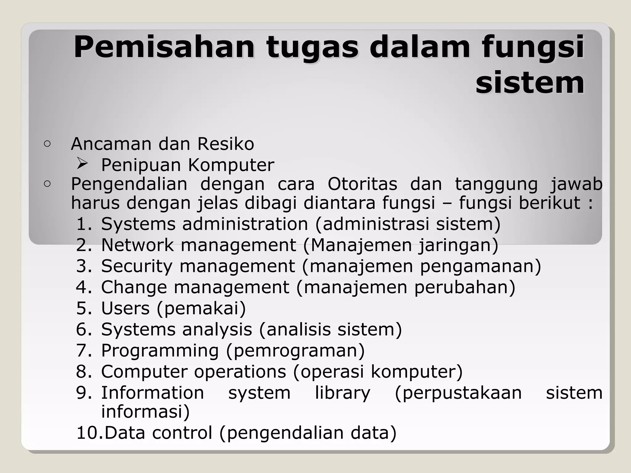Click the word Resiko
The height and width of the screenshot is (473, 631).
coord(226,144)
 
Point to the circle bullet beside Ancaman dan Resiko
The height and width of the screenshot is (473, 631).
coord(47,144)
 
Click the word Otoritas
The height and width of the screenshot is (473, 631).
coord(362,184)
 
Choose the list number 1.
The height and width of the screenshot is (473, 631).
coord(83,224)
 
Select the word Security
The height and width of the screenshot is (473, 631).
coord(136,266)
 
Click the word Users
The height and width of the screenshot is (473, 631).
coord(125,308)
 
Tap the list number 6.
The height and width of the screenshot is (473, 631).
coord(83,329)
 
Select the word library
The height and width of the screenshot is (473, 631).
coord(342,393)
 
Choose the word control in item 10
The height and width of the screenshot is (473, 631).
coord(182,433)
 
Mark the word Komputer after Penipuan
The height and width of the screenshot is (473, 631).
coord(231,165)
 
